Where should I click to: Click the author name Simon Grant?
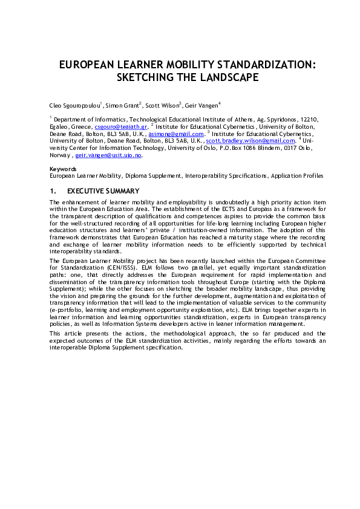pyautogui.click(x=122, y=105)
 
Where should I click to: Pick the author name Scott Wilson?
pyautogui.click(x=163, y=105)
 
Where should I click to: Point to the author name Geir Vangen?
pyautogui.click(x=203, y=105)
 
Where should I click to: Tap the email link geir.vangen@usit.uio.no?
pyautogui.click(x=108, y=155)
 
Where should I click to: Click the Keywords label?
pyautogui.click(x=63, y=169)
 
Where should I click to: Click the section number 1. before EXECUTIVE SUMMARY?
pyautogui.click(x=53, y=191)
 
